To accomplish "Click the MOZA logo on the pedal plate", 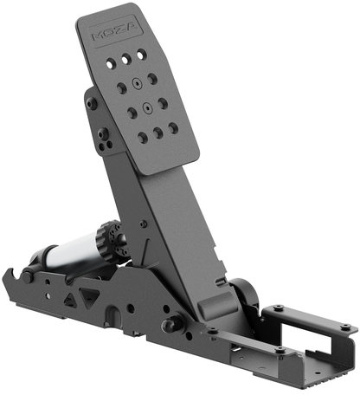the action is coord(118,32).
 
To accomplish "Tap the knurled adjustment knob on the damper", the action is coord(108,241).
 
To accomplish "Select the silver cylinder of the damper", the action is coord(72,253).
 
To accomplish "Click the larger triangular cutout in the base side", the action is coord(90,296).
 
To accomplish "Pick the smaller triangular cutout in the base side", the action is coord(70,301).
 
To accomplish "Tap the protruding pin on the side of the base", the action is coord(172,324).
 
